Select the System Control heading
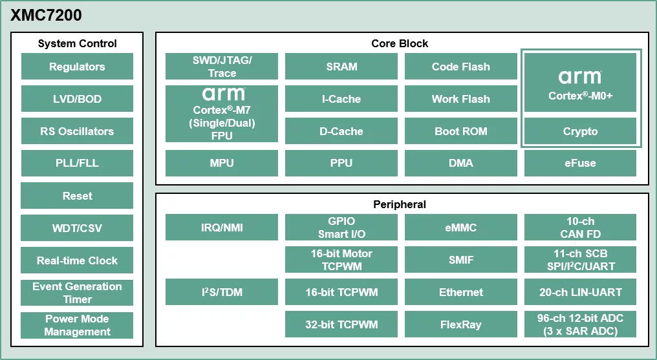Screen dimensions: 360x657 (x=77, y=43)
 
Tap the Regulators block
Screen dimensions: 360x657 (x=77, y=67)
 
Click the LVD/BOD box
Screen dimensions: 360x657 (x=77, y=99)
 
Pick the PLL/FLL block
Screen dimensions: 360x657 (x=77, y=163)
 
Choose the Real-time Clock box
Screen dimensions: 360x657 (x=77, y=260)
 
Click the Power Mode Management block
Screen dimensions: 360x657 (x=77, y=325)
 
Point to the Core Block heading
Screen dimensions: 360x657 (x=400, y=43)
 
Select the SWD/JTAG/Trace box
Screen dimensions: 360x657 (x=222, y=67)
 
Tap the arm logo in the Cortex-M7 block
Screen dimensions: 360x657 (x=222, y=94)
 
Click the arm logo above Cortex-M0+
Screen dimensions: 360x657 (x=580, y=78)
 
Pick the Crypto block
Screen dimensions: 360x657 (x=580, y=131)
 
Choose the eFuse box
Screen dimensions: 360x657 (x=580, y=163)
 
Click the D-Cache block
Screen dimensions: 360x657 (x=341, y=131)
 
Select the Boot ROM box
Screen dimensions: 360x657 (x=461, y=131)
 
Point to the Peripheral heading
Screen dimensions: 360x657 (x=400, y=204)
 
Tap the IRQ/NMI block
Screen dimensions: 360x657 (x=222, y=228)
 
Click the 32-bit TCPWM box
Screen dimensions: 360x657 (x=341, y=324)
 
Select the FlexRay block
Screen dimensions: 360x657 (x=461, y=324)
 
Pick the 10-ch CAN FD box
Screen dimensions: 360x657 (x=580, y=228)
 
